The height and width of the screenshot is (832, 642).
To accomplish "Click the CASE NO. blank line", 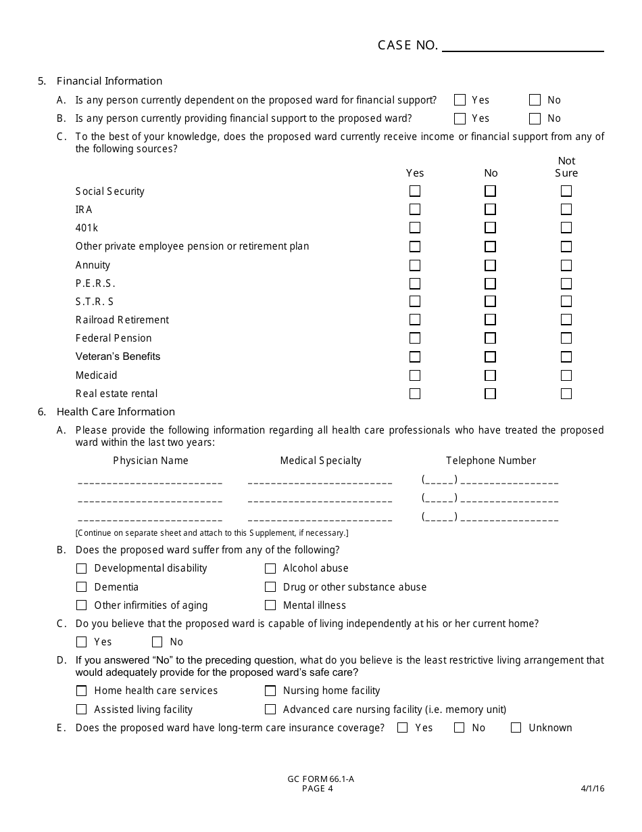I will [x=522, y=46].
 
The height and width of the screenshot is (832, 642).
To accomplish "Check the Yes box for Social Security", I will [x=415, y=191].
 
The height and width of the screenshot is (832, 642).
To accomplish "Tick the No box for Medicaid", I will [x=490, y=375].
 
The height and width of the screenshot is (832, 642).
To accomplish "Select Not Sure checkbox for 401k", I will [x=566, y=228].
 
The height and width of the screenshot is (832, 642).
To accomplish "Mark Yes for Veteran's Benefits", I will [x=415, y=356].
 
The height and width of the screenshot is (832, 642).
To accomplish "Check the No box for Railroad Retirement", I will [x=490, y=320].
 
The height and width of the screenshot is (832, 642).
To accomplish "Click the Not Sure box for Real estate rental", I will [x=566, y=394].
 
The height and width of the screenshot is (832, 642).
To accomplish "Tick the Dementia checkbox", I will [x=82, y=587].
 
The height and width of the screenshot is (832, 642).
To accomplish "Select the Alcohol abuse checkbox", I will [x=270, y=569].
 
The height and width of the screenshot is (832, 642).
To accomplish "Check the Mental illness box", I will [x=270, y=605].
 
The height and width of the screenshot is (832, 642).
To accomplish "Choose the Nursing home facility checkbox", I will [x=270, y=691].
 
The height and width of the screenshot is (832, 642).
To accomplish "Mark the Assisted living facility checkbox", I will [x=82, y=710].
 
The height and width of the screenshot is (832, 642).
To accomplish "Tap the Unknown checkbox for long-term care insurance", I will [x=516, y=728].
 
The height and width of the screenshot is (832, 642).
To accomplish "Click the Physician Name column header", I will [x=151, y=461].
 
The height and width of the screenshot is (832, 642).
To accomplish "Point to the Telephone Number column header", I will [x=491, y=461].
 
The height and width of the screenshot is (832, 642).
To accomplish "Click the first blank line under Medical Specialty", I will [x=320, y=483].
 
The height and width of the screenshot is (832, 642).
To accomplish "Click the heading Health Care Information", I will [x=116, y=412].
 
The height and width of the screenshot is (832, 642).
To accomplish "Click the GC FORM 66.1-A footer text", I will [x=320, y=779].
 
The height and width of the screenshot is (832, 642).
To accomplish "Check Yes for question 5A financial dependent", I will [x=460, y=100].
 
